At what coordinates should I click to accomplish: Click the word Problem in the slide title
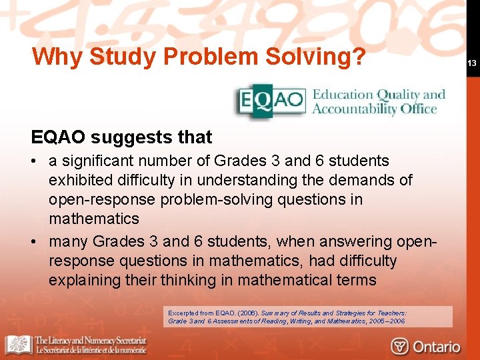pyautogui.click(x=211, y=57)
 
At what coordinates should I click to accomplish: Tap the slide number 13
pyautogui.click(x=470, y=63)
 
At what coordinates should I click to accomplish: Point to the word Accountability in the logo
pyautogui.click(x=354, y=109)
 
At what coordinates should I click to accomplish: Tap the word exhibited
pyautogui.click(x=83, y=181)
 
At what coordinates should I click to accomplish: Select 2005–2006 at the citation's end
pyautogui.click(x=387, y=321)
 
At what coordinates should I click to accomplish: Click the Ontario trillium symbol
pyautogui.click(x=400, y=346)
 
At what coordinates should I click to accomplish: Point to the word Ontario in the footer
pyautogui.click(x=436, y=346)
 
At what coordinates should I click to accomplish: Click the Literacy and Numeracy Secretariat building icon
pyautogui.click(x=18, y=345)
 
